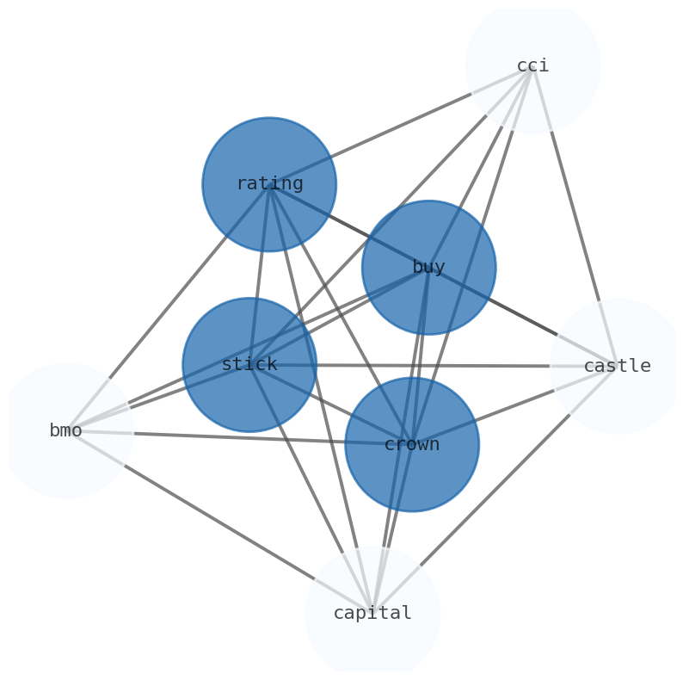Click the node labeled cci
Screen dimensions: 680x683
pyautogui.click(x=532, y=65)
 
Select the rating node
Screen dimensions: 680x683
pyautogui.click(x=269, y=184)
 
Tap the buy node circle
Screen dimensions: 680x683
pyautogui.click(x=428, y=268)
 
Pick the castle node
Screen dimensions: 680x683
pyautogui.click(x=617, y=366)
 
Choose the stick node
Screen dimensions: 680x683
pyautogui.click(x=249, y=365)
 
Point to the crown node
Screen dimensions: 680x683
pyautogui.click(x=412, y=445)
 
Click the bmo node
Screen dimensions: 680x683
pyautogui.click(x=66, y=430)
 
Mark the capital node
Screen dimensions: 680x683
pyautogui.click(x=372, y=613)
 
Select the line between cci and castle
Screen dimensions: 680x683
pyautogui.click(x=575, y=215)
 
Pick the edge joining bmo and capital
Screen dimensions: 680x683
pyautogui.click(x=219, y=522)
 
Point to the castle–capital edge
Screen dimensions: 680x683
pyautogui.click(x=495, y=489)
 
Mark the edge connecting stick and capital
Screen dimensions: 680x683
pyautogui.click(x=311, y=489)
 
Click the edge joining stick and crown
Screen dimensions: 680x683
pyautogui.click(x=331, y=405)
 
